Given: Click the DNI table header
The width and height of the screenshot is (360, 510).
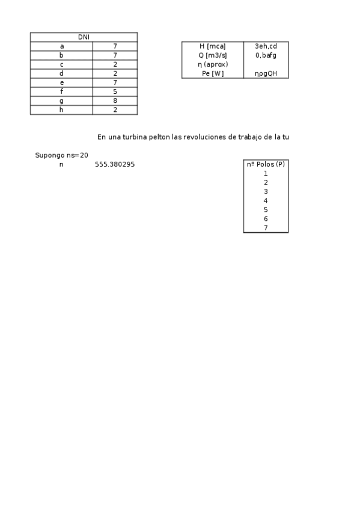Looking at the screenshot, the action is tap(84, 37).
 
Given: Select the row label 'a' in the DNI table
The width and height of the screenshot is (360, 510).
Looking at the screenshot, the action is tap(61, 46).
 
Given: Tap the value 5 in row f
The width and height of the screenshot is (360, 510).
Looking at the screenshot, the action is tap(115, 92).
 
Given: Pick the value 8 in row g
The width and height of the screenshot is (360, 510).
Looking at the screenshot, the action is tap(115, 101).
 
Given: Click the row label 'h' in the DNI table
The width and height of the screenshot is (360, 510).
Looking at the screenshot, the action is tap(61, 110).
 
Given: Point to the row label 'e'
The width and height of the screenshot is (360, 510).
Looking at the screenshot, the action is tap(61, 82).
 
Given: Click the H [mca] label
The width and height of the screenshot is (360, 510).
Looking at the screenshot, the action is tap(212, 46).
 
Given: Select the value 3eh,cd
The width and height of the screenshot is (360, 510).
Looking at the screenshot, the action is tap(266, 46).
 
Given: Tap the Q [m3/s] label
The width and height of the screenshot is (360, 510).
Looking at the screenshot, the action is tap(212, 55).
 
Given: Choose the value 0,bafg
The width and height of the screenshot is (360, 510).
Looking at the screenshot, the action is tap(266, 55).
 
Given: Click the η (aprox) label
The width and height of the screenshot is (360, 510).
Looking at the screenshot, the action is tap(212, 64).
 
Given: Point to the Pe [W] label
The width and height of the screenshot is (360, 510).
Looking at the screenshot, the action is tap(212, 73).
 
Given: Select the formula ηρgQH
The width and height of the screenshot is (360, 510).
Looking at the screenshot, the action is tap(266, 73).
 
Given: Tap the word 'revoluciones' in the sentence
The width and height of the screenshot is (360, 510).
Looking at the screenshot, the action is tap(203, 137).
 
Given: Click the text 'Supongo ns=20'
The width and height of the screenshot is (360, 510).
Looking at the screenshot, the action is tap(61, 155).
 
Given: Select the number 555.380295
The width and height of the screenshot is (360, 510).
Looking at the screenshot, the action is tap(115, 164).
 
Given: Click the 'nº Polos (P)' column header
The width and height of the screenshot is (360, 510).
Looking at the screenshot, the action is tap(266, 164).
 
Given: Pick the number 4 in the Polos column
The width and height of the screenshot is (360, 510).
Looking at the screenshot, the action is tap(266, 201).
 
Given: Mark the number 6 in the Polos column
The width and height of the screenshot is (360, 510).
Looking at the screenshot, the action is tap(266, 219).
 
